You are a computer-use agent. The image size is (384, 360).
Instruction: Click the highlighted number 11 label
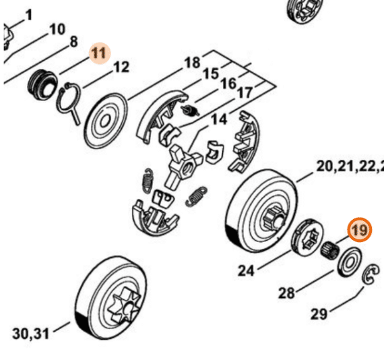point(100,53)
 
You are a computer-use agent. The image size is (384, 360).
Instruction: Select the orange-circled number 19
point(360,230)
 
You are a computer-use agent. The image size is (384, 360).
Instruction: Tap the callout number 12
point(121,67)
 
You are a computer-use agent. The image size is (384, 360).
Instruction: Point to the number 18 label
point(193,63)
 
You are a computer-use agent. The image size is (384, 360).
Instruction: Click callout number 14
point(220,119)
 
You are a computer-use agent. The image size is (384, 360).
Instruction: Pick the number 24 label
point(246,271)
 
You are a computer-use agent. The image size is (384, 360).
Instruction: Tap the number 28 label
point(286,293)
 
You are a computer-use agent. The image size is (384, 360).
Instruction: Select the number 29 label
point(319,313)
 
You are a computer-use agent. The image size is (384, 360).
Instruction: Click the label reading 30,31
point(30,334)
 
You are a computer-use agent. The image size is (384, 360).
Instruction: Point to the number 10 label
point(57,30)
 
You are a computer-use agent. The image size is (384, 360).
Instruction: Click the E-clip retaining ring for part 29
point(371,274)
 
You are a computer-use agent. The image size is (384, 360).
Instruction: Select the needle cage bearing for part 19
point(330,251)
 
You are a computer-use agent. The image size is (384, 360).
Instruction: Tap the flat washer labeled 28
point(350,262)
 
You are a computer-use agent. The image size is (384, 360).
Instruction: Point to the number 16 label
point(228,84)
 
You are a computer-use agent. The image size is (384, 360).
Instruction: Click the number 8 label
point(73,42)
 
